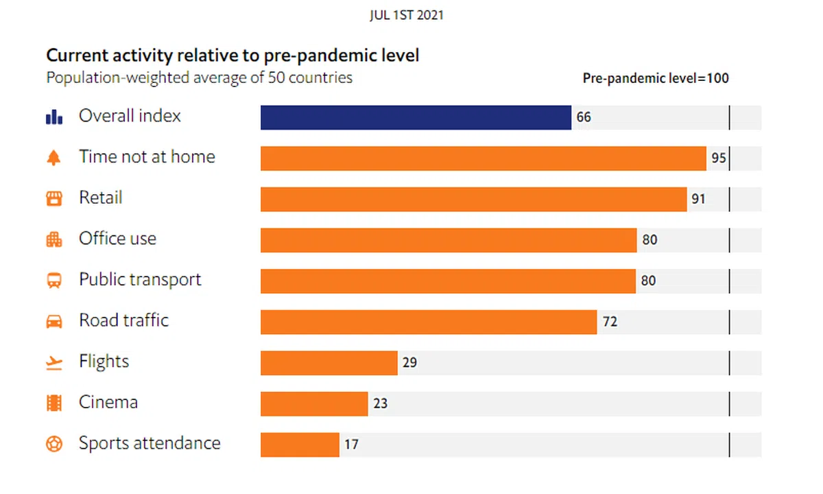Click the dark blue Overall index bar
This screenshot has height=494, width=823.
[416, 117]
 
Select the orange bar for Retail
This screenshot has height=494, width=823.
[473, 199]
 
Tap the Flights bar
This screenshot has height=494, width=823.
[329, 362]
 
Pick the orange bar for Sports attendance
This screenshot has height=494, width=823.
[300, 445]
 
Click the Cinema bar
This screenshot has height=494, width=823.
[314, 403]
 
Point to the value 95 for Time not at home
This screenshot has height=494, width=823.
[718, 158]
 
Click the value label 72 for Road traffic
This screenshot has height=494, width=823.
[610, 321]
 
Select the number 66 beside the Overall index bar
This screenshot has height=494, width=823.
[584, 117]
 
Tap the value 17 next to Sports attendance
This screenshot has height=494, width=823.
[351, 445]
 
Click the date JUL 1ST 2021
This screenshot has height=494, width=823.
[406, 15]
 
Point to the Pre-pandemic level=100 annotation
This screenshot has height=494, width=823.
[656, 78]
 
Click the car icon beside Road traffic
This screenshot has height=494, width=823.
[54, 321]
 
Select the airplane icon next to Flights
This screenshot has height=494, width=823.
[54, 362]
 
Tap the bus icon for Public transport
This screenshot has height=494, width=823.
[54, 281]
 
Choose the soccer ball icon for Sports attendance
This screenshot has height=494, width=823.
[54, 444]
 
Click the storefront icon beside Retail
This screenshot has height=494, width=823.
[54, 199]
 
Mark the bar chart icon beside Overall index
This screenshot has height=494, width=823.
[54, 117]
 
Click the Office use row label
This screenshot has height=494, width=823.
[117, 239]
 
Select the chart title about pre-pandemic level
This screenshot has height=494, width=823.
[232, 55]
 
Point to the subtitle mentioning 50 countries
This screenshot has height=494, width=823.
[199, 78]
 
